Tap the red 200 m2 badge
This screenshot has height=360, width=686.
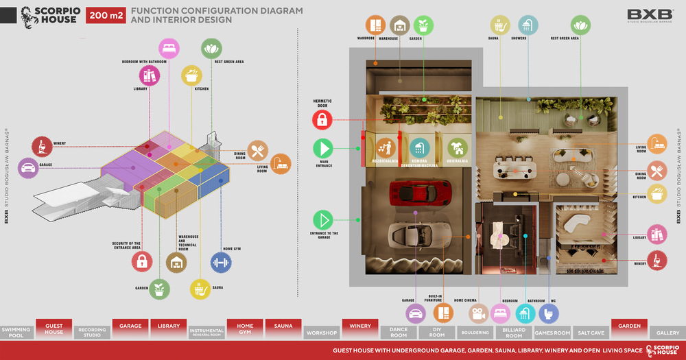pyautogui.click(x=106, y=14)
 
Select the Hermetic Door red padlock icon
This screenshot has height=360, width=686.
pyautogui.click(x=322, y=120)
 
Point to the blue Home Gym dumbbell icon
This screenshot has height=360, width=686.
pyautogui.click(x=220, y=261)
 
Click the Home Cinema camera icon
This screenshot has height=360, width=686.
pyautogui.click(x=478, y=313)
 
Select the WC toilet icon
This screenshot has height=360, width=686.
pyautogui.click(x=548, y=313)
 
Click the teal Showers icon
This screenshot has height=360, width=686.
pyautogui.click(x=527, y=25)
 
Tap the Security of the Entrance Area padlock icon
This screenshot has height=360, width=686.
pyautogui.click(x=141, y=261)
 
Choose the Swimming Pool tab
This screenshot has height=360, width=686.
pyautogui.click(x=16, y=333)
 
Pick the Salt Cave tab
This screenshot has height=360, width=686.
pyautogui.click(x=591, y=333)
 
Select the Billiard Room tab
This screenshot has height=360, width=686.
pyautogui.click(x=514, y=333)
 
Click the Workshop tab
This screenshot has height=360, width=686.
pyautogui.click(x=322, y=333)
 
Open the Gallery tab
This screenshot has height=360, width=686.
pyautogui.click(x=667, y=333)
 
